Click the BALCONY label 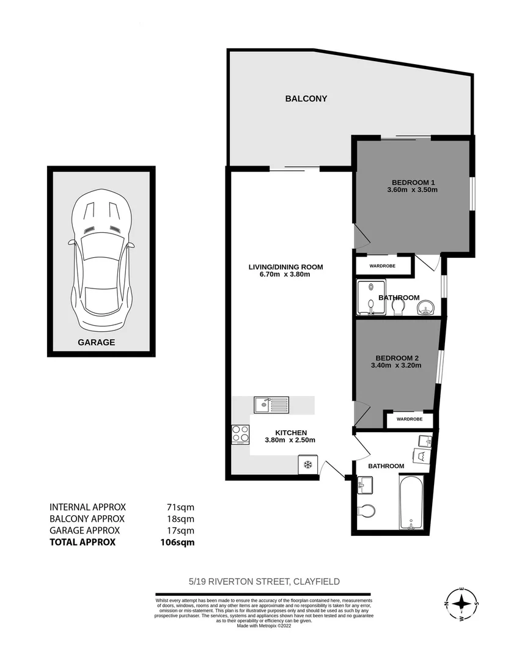(306, 98)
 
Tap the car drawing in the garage (101, 259)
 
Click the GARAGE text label (96, 343)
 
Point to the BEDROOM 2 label (396, 358)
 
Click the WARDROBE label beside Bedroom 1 (382, 266)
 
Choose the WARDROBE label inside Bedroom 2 (408, 420)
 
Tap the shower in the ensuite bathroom (370, 298)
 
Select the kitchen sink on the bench (271, 404)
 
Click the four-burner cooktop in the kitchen (241, 434)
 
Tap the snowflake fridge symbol (308, 466)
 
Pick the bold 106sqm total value (173, 542)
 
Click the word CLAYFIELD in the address (317, 582)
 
